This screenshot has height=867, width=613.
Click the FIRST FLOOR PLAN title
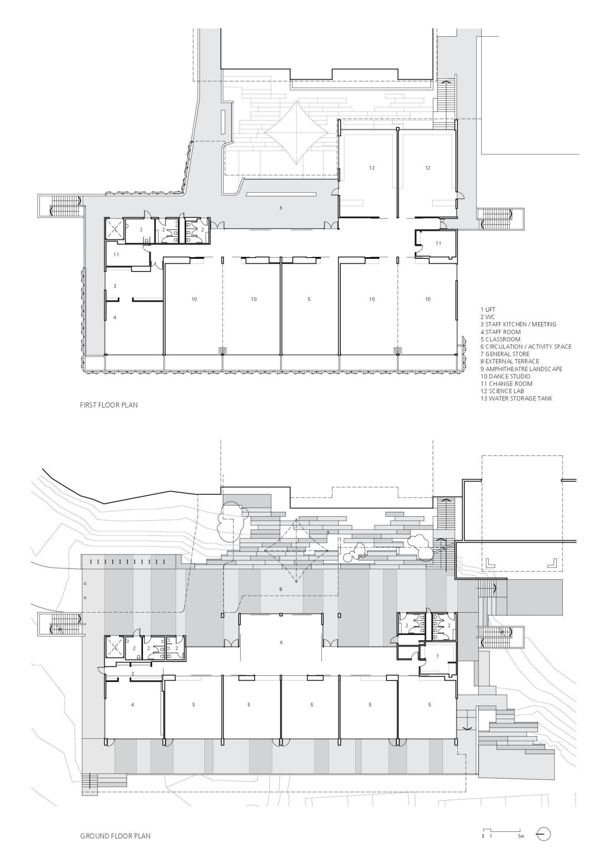click(109, 405)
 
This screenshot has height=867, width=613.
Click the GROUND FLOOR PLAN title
click(115, 836)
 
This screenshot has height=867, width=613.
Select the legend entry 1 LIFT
click(488, 310)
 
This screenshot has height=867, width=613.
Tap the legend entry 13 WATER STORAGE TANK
click(516, 398)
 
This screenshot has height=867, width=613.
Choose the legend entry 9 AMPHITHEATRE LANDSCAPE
click(521, 369)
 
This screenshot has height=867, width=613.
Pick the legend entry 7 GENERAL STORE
click(505, 354)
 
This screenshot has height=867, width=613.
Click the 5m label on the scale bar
click(521, 836)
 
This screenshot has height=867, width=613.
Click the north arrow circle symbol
click(544, 834)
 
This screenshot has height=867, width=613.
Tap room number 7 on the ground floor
click(437, 656)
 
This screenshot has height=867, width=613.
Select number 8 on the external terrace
click(281, 589)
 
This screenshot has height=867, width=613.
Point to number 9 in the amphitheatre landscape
click(328, 532)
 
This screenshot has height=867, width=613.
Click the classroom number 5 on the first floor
click(309, 299)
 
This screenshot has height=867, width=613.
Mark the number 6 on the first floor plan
click(281, 208)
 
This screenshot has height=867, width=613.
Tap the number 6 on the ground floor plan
click(281, 642)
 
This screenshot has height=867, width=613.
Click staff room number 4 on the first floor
click(115, 317)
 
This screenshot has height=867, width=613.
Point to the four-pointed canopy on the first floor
click(296, 133)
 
